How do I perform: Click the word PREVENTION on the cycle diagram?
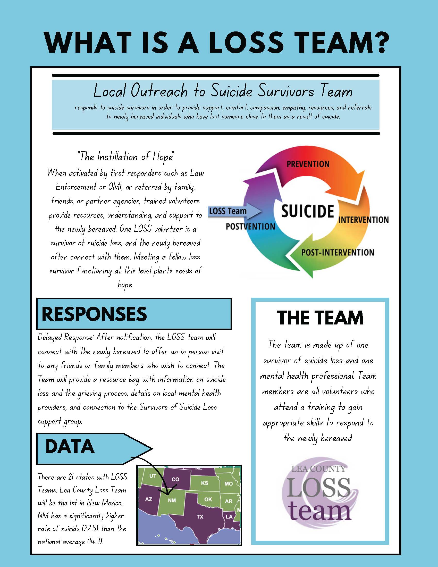pyautogui.click(x=308, y=164)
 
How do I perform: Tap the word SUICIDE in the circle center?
pyautogui.click(x=307, y=211)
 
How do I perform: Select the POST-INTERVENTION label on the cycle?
pyautogui.click(x=338, y=252)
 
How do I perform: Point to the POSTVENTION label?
pyautogui.click(x=250, y=227)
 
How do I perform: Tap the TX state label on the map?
pyautogui.click(x=200, y=517)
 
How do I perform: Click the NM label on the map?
pyautogui.click(x=172, y=500)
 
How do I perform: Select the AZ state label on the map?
pyautogui.click(x=148, y=499)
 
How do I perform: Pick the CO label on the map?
pyautogui.click(x=175, y=479)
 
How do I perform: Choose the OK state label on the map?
pyautogui.click(x=208, y=499)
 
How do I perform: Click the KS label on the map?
pyautogui.click(x=205, y=483)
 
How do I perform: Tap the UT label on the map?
pyautogui.click(x=153, y=476)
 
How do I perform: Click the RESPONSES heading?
pyautogui.click(x=94, y=314)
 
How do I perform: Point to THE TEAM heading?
pyautogui.click(x=320, y=318)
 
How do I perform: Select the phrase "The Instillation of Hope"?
pyautogui.click(x=125, y=157)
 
